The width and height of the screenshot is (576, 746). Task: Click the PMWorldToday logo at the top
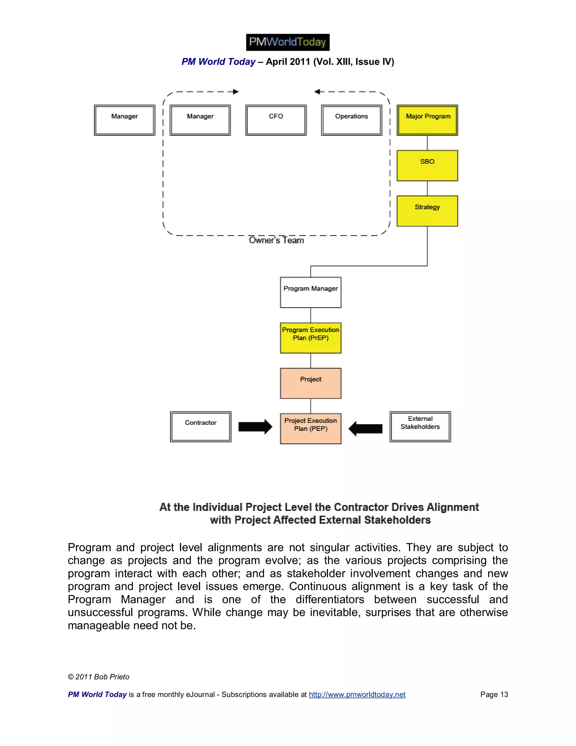[288, 42]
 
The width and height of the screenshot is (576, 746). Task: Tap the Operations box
[352, 120]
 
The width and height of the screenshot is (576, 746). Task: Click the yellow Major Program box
[427, 120]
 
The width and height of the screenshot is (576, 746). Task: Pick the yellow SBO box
[427, 165]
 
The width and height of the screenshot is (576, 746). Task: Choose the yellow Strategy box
[427, 211]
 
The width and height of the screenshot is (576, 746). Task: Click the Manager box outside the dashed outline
[125, 120]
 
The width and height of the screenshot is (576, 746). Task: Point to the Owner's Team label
[276, 240]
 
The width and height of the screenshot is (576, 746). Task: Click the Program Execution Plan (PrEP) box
[310, 338]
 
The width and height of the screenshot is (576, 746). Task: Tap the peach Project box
[310, 383]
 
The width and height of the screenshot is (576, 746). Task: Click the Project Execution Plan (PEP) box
[310, 428]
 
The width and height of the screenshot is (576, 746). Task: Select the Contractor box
[201, 426]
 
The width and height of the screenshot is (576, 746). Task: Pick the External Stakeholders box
[420, 426]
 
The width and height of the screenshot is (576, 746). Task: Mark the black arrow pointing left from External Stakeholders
[365, 428]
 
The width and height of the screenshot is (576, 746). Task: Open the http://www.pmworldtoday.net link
[357, 694]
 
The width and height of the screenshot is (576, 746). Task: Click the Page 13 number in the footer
[494, 694]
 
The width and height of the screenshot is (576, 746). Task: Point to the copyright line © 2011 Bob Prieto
[99, 677]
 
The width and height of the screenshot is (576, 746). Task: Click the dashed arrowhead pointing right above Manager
[235, 91]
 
